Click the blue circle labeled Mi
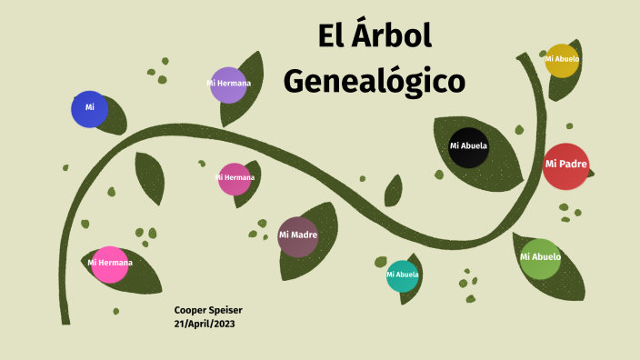[89, 109]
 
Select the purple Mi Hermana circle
[228, 85]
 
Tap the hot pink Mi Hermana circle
[110, 264]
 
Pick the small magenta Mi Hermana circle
[234, 178]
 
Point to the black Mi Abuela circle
[469, 146]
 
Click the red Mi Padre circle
[565, 165]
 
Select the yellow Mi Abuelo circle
[562, 60]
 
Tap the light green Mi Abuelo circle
[540, 257]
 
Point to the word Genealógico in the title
[374, 80]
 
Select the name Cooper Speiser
[208, 310]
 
